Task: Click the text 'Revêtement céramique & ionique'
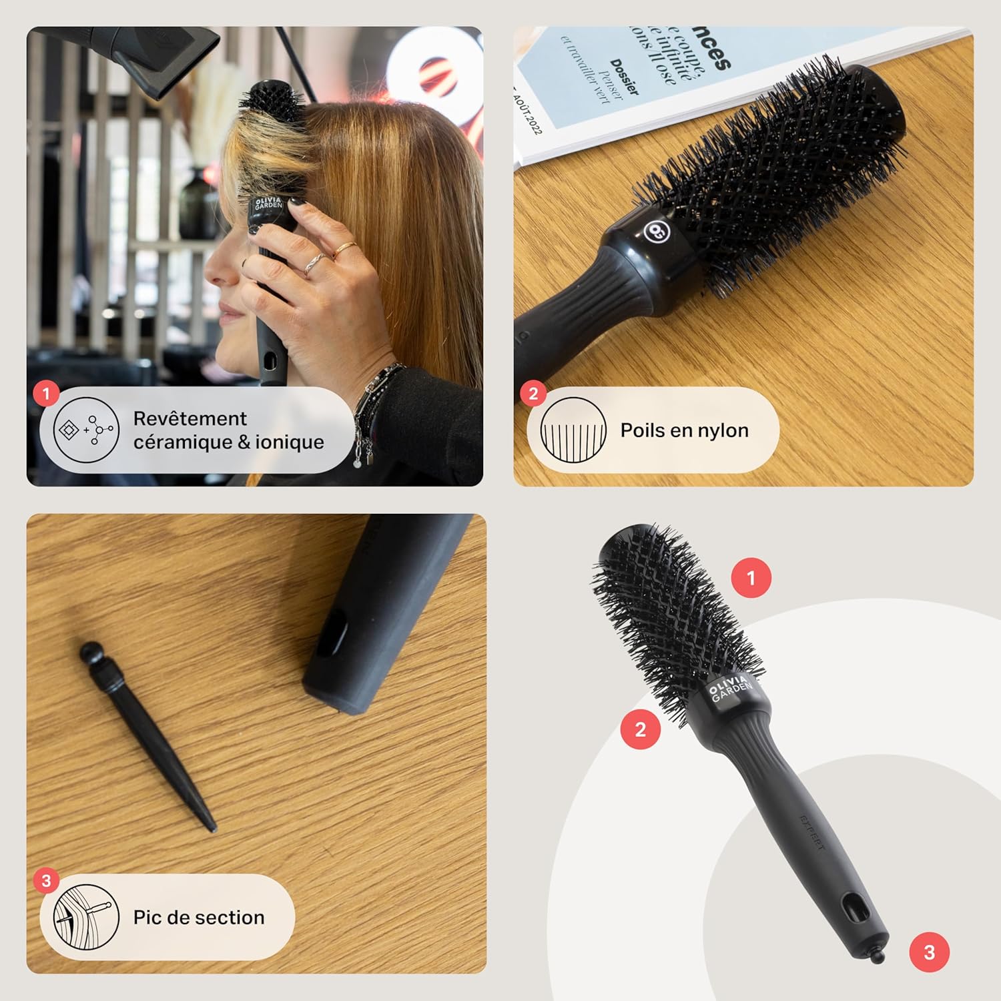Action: [228, 430]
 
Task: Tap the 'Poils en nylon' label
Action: [684, 430]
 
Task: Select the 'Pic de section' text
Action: [199, 918]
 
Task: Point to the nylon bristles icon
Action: [573, 430]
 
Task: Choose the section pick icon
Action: [86, 918]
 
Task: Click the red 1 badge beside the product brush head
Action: [751, 577]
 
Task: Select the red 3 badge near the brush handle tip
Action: [930, 952]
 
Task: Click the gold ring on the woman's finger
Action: [344, 250]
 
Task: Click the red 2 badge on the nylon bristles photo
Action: [533, 394]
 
